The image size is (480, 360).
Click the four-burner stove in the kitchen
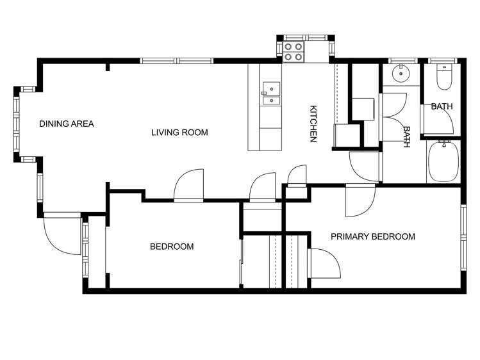tap(294, 51)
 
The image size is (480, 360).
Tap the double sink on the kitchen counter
tap(271, 93)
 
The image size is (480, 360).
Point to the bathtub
tap(442, 162)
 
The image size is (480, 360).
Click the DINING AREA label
tap(67, 124)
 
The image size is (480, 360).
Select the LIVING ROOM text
tap(179, 133)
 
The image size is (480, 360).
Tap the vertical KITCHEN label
tap(313, 124)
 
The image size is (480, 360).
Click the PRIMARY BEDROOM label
tap(372, 236)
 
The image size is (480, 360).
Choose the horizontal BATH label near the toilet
tap(442, 106)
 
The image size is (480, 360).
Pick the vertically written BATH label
tap(406, 136)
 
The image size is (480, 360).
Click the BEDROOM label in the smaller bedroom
tap(172, 247)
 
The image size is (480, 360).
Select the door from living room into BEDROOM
tap(189, 185)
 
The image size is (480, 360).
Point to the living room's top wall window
tap(176, 61)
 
